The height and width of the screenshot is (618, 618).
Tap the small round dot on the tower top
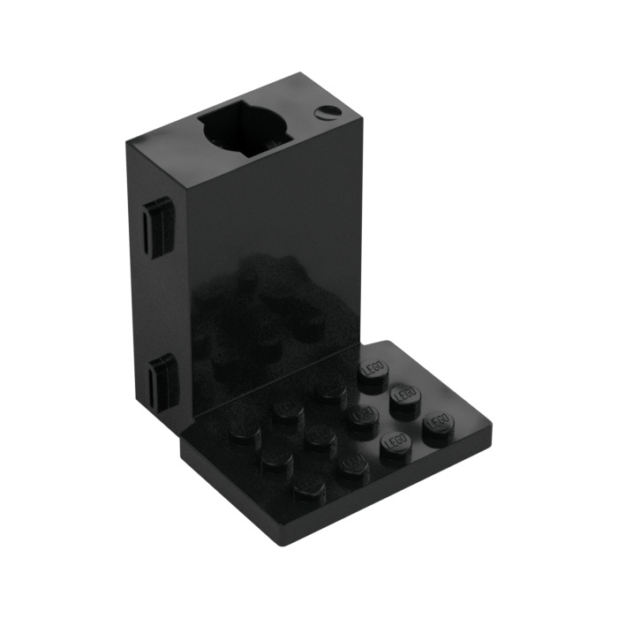point(328,111)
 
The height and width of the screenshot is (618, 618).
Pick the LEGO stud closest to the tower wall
point(372,374)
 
